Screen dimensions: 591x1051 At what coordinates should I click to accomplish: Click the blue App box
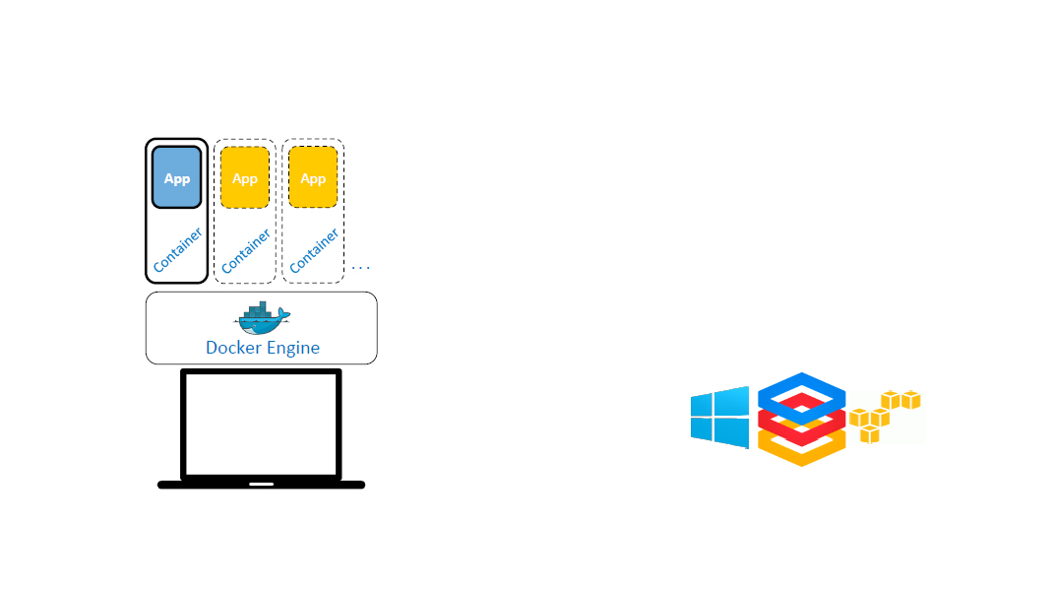point(176,177)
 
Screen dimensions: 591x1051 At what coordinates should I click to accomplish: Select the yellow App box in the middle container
point(245,177)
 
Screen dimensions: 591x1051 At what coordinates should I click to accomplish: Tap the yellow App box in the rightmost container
point(313,177)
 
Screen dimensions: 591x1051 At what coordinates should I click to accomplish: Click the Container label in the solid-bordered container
point(178,250)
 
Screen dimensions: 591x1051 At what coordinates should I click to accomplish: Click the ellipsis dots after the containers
point(360,267)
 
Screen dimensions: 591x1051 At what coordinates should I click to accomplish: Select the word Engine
point(293,349)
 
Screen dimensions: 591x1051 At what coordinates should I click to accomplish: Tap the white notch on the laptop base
point(261,484)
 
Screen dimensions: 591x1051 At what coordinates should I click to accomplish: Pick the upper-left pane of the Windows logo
point(706,405)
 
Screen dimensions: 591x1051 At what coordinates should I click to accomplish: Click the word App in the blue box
point(176,178)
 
